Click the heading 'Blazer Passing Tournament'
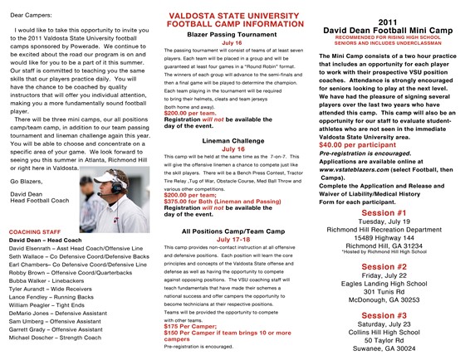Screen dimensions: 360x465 pos(232,38)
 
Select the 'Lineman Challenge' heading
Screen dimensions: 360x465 pos(232,142)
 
